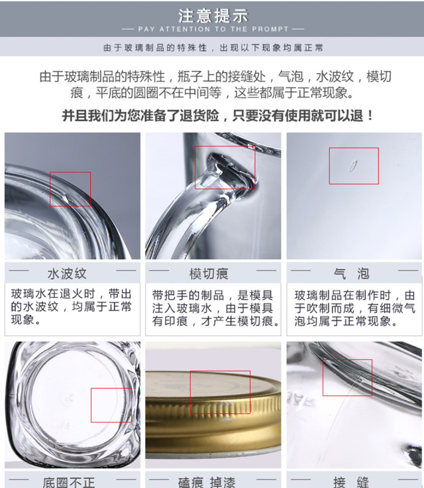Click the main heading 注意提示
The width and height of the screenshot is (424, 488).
tap(213, 15)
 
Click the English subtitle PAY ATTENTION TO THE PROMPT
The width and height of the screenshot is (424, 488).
tap(213, 29)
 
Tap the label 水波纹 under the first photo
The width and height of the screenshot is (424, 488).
tap(67, 274)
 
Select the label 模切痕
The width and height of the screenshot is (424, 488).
tap(209, 274)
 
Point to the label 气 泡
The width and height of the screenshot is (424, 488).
tap(351, 274)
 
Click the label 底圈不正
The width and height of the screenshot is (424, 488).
tap(68, 483)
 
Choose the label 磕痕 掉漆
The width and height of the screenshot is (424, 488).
tap(207, 483)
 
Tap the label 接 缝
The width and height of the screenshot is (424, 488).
tap(351, 483)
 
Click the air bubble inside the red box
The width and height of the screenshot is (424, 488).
tap(352, 166)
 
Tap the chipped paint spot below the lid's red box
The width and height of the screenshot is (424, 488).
tap(225, 420)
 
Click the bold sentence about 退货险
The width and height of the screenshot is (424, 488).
tap(218, 116)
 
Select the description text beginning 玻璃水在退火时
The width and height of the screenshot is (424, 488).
tap(72, 307)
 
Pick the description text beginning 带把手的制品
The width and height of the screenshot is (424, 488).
tap(215, 308)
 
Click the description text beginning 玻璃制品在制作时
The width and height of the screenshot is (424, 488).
tap(355, 308)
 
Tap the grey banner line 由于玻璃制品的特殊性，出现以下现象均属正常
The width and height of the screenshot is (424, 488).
tap(213, 48)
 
